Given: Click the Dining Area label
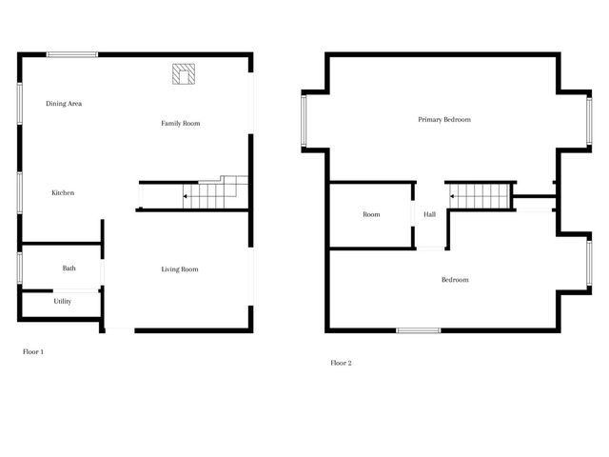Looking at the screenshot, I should [x=64, y=103].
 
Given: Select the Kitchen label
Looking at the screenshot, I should [x=63, y=193].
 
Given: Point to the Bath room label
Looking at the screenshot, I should [x=69, y=268].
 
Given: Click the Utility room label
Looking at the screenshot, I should [x=63, y=302].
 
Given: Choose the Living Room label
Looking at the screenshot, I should [x=180, y=269].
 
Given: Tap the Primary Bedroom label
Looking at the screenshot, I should [x=444, y=120].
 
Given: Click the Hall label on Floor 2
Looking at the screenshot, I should [x=430, y=215].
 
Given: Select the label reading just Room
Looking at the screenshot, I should [x=371, y=215].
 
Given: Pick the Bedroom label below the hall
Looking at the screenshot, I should [x=455, y=280].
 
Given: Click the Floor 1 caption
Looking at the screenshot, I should [x=33, y=352].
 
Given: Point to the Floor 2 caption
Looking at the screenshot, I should [x=341, y=363].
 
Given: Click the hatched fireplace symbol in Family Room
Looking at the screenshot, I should [x=184, y=74].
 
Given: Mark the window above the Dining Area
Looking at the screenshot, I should [x=72, y=55].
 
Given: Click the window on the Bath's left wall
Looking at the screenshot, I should [x=19, y=267].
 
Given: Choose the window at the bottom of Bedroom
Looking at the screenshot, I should [x=419, y=330].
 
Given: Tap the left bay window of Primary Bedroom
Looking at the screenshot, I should [x=304, y=121].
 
